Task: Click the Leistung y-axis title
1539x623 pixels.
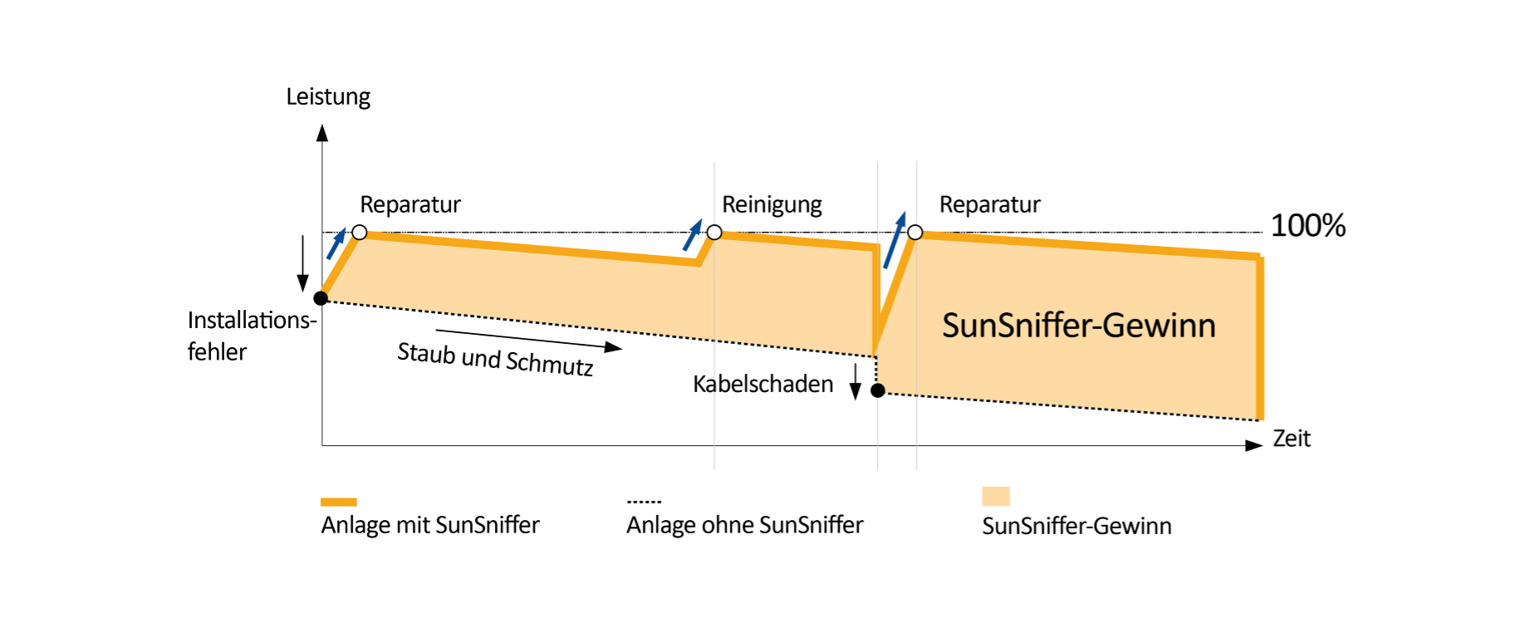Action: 328,97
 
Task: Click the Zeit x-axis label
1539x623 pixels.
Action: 1291,439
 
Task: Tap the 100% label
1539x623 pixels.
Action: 1308,226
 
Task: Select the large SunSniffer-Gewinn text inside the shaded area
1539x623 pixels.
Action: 1079,326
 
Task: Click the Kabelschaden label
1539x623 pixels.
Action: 763,384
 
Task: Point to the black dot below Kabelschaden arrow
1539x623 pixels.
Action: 878,390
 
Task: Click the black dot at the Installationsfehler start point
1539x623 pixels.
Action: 321,298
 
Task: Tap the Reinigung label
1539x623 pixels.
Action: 772,205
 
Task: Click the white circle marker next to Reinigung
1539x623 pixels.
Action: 714,233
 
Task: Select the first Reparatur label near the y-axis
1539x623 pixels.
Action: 410,205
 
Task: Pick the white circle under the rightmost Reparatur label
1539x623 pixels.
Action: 915,233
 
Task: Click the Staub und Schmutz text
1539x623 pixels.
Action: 495,360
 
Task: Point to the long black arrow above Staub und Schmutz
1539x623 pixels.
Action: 529,340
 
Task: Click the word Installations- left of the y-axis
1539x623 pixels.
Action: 252,321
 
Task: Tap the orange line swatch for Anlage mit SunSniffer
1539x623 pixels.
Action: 339,502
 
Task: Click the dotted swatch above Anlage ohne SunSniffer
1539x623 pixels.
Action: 644,502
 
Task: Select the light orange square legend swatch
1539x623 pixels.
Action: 996,496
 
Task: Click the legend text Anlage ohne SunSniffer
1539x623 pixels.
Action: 745,525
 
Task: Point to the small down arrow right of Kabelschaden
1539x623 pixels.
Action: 855,381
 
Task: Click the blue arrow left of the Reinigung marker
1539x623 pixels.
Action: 692,235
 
